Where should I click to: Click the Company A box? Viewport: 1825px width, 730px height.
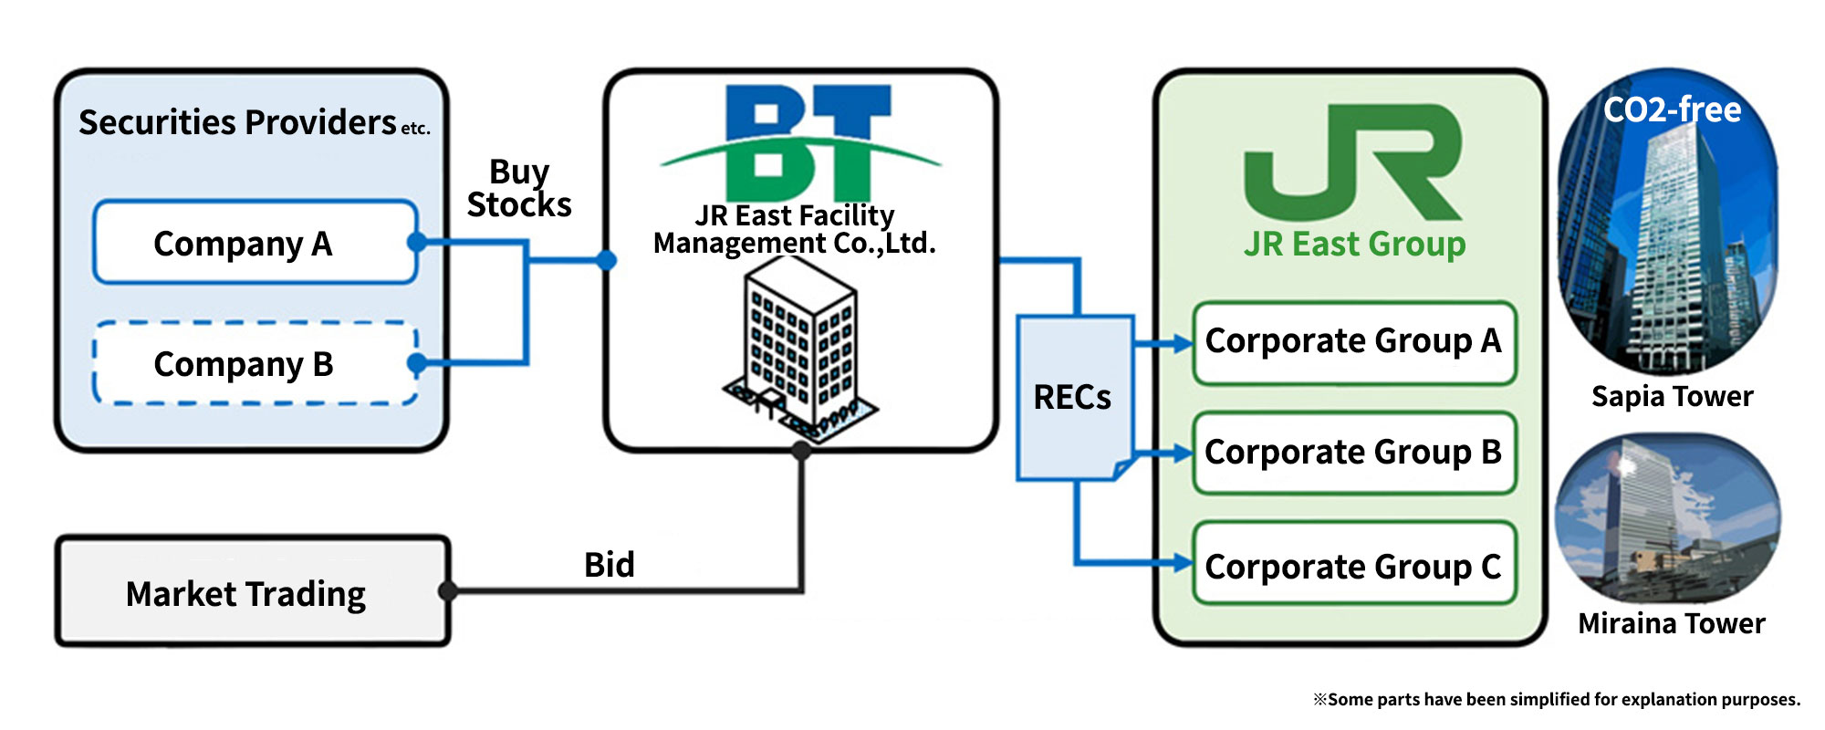255,243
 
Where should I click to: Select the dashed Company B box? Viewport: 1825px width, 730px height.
255,363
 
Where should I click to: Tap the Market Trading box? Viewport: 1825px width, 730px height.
253,591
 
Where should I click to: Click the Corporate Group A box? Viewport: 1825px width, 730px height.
1354,342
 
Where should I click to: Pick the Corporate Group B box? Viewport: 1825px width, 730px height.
1354,453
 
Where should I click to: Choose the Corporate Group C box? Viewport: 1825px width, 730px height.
1354,564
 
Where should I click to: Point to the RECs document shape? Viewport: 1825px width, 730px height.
1076,398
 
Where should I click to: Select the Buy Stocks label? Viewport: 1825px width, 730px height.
519,188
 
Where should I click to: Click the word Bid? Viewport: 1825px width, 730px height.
610,565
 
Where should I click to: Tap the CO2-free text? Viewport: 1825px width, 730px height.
1673,110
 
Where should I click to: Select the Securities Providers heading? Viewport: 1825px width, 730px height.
255,122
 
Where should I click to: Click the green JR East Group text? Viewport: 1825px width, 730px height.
1355,244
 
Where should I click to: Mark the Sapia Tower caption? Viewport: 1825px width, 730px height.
1673,396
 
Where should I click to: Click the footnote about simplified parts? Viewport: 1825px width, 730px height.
1557,699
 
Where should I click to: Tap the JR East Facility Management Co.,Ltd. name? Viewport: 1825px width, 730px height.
795,229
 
